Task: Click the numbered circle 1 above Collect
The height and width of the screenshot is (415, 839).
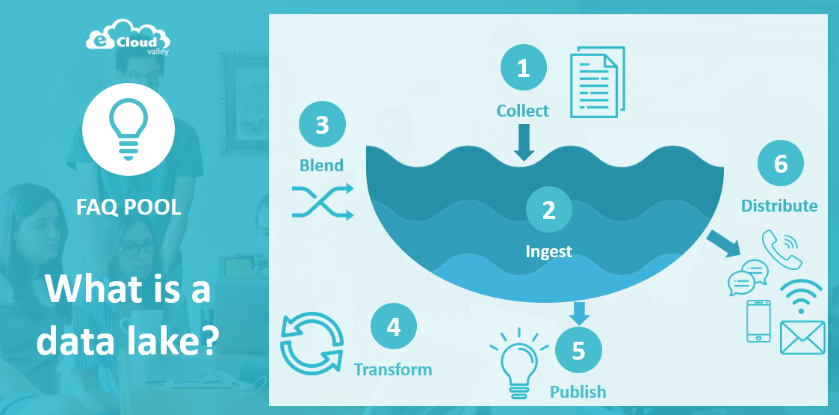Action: pyautogui.click(x=523, y=69)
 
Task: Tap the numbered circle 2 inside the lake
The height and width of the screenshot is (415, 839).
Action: pyautogui.click(x=549, y=210)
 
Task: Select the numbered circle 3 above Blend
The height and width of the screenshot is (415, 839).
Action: pyautogui.click(x=322, y=124)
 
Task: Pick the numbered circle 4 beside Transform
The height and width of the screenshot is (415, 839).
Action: pyautogui.click(x=394, y=326)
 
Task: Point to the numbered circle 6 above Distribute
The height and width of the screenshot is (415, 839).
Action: pyautogui.click(x=781, y=164)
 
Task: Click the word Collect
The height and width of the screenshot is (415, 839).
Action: pyautogui.click(x=523, y=111)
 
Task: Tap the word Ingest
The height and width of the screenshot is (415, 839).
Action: pyautogui.click(x=549, y=251)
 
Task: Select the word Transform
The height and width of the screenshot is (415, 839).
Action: pyautogui.click(x=393, y=369)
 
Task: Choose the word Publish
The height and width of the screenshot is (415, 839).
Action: pyautogui.click(x=578, y=392)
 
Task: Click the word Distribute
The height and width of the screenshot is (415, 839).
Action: pyautogui.click(x=779, y=206)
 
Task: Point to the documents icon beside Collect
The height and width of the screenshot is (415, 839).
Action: pyautogui.click(x=597, y=82)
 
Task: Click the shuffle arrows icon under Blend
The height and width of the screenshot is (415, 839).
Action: pyautogui.click(x=322, y=202)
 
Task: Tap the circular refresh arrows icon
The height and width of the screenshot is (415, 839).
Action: pyautogui.click(x=312, y=343)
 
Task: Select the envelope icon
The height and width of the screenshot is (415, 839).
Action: pyautogui.click(x=802, y=337)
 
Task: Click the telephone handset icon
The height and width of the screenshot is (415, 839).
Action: pyautogui.click(x=781, y=249)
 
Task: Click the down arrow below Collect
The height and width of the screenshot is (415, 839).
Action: pyautogui.click(x=524, y=142)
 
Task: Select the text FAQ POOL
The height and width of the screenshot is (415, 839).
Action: pyautogui.click(x=129, y=207)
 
